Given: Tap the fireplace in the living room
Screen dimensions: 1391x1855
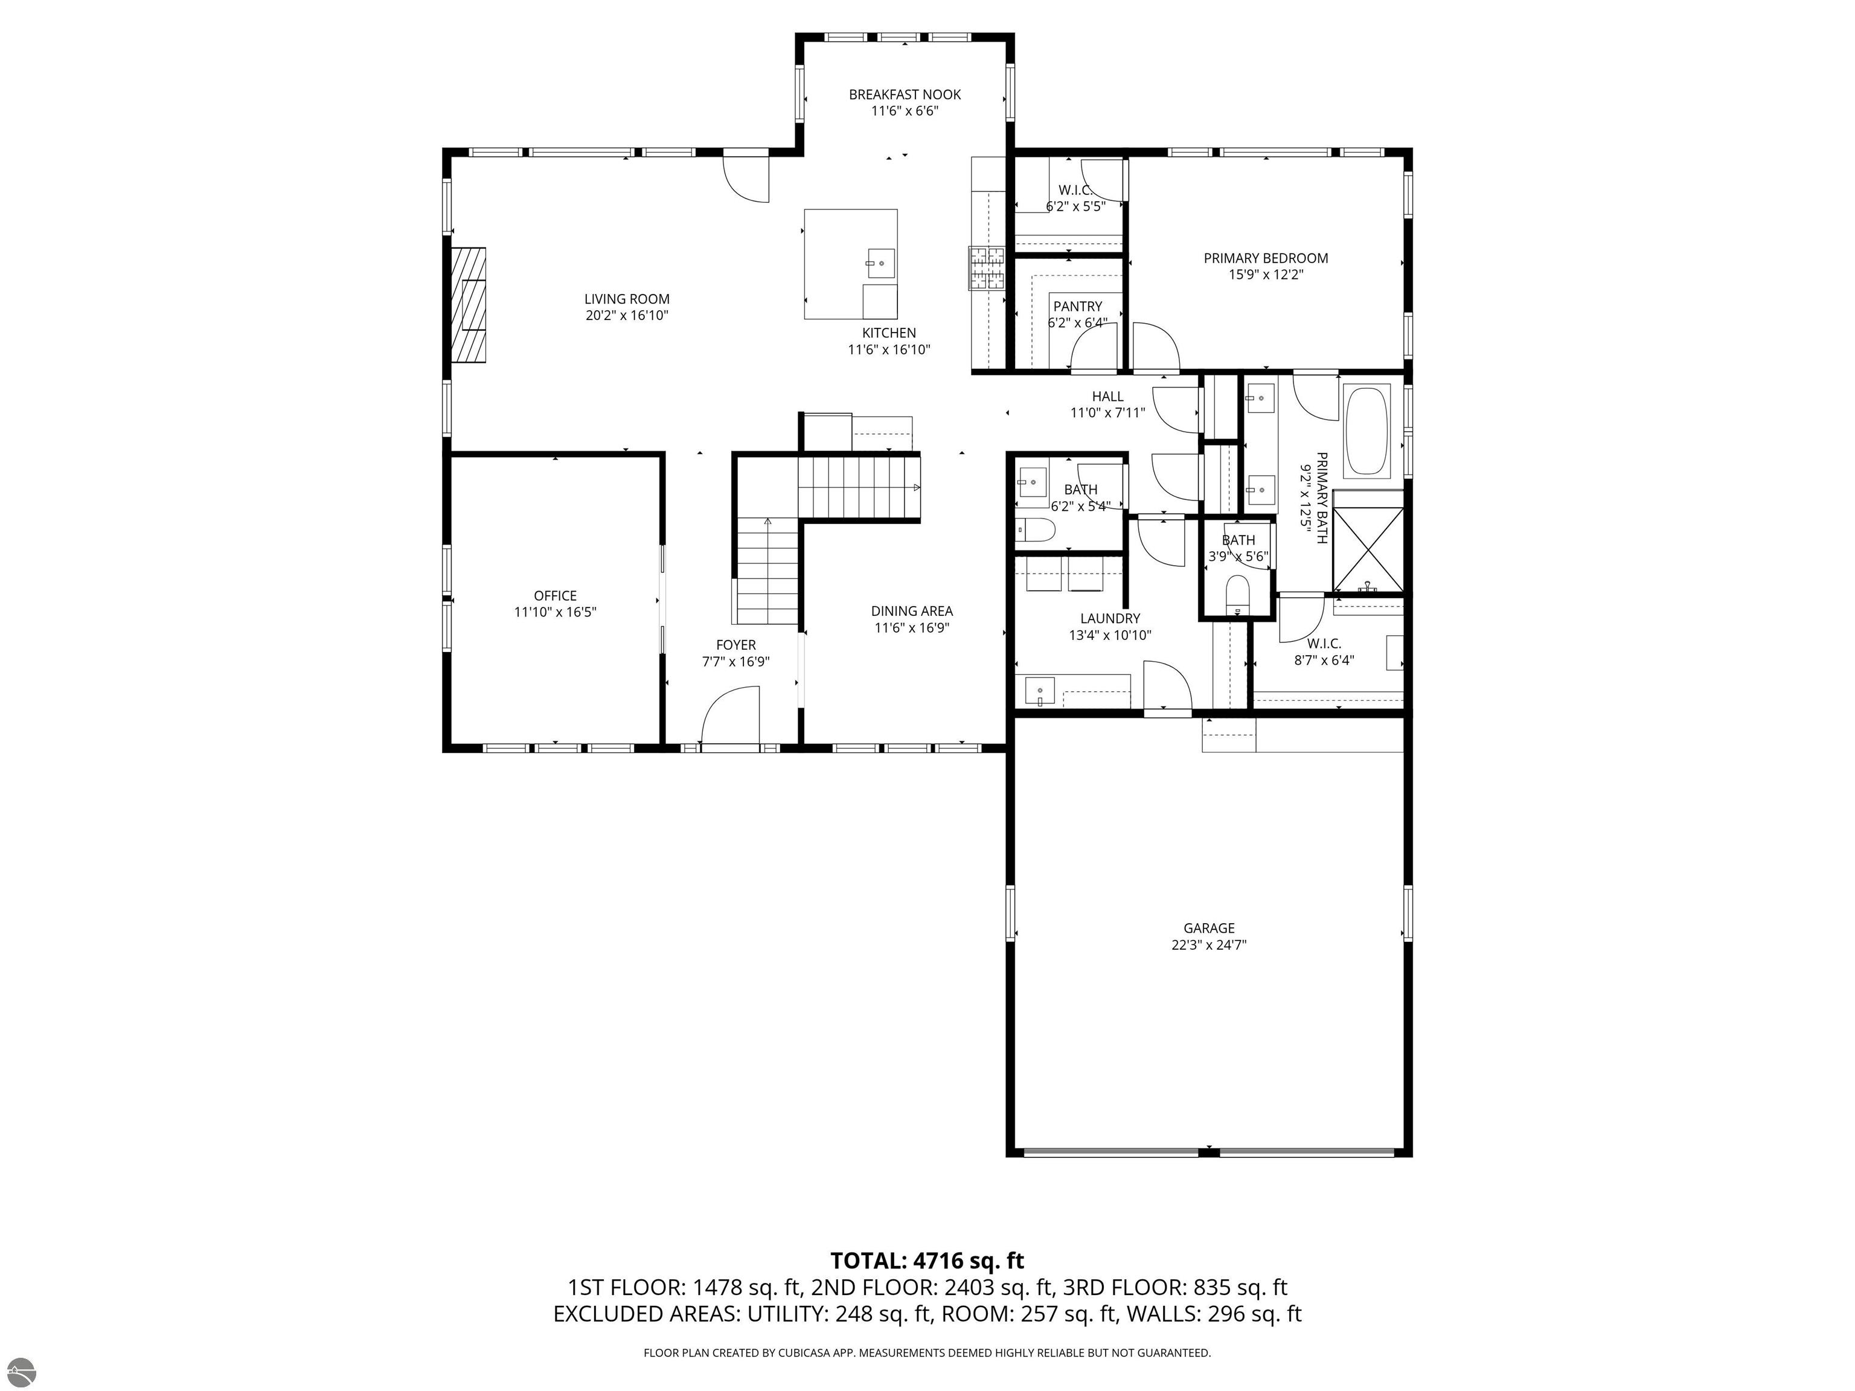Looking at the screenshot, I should point(468,305).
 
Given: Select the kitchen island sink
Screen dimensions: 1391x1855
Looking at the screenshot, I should point(880,263).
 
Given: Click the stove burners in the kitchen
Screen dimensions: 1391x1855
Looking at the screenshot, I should point(987,267).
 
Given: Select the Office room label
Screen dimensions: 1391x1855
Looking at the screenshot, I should point(555,596).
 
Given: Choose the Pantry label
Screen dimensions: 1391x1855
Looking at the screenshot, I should point(1078,307).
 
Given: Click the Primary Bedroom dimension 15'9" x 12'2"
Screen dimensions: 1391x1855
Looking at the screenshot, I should point(1266,274).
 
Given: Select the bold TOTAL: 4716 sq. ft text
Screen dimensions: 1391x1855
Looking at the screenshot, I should point(927,1260).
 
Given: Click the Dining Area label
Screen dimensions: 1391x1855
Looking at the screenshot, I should point(912,611).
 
